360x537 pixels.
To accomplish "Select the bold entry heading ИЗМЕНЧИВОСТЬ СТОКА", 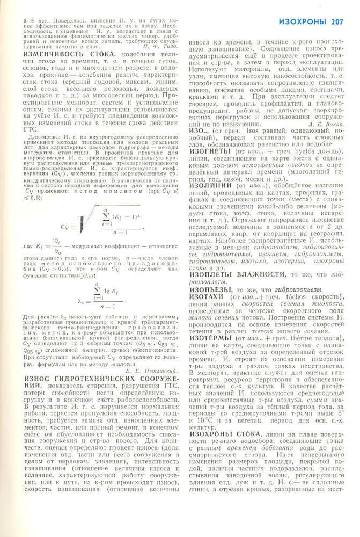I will click(x=59, y=70).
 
